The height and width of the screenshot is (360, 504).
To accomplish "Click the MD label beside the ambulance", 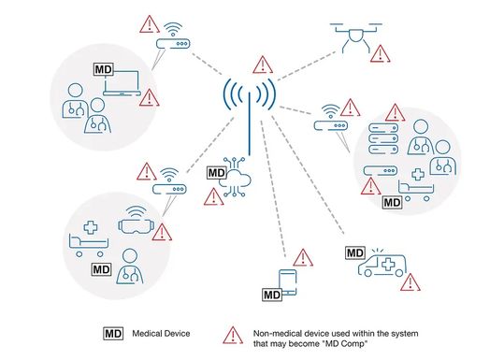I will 355,252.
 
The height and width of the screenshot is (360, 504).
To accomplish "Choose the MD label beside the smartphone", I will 271,295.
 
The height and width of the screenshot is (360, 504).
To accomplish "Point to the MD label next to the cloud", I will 215,173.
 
